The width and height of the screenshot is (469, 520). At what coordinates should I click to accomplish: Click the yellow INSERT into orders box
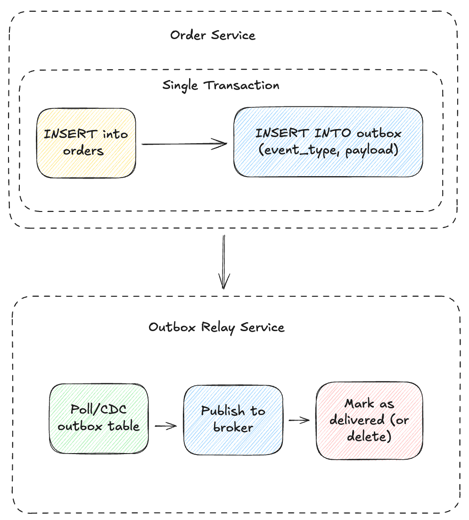coord(86,143)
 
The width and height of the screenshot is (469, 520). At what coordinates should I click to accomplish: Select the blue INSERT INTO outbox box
coord(328,142)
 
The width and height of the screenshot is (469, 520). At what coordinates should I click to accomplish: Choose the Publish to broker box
coord(233,419)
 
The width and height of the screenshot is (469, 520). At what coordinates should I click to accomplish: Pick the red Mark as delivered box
coord(369,420)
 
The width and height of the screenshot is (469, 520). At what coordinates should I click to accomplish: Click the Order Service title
coord(213,35)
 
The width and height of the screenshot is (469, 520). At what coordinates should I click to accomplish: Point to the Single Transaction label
coord(221,85)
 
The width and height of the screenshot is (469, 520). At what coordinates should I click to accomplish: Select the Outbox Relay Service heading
coord(216,327)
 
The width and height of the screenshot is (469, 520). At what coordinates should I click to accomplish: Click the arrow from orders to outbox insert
coord(184,145)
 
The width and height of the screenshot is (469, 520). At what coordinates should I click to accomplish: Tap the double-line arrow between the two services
coord(224,261)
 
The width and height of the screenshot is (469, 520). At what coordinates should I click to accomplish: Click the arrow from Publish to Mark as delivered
coord(298,420)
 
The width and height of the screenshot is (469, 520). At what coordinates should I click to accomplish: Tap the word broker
coord(233,428)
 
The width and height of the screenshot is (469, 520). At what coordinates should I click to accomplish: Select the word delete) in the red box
coord(369,436)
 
